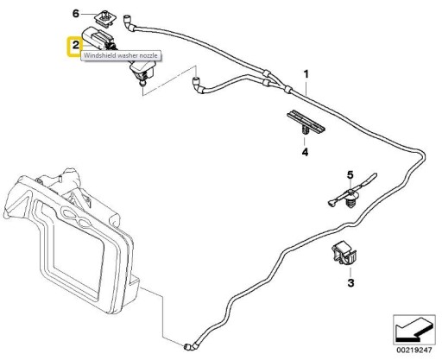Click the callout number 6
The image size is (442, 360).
point(75,13)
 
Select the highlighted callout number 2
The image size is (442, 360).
point(75,45)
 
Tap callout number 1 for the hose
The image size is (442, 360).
point(306,74)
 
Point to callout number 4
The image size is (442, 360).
point(305,152)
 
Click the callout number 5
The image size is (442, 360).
point(350,174)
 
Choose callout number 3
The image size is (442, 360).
point(350,283)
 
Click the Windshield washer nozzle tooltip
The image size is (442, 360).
point(121,55)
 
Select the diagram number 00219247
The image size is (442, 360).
point(414,351)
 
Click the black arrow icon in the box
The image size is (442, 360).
point(414,330)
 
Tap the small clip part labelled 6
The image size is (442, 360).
point(105,19)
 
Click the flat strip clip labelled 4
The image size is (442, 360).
point(306,123)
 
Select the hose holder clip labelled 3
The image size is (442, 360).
point(344,252)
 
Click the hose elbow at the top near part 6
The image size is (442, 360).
point(129,23)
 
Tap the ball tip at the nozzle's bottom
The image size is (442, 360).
point(142,84)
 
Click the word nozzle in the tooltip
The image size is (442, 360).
point(148,55)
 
